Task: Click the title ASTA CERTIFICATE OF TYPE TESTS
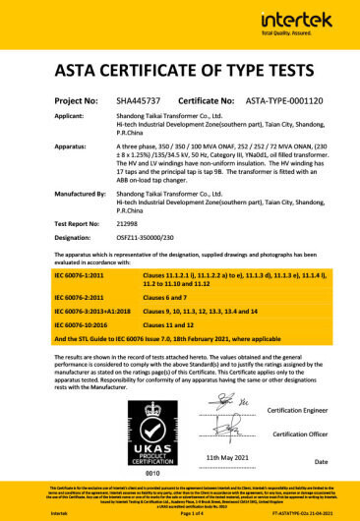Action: point(179,72)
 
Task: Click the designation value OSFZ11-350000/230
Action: point(144,238)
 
